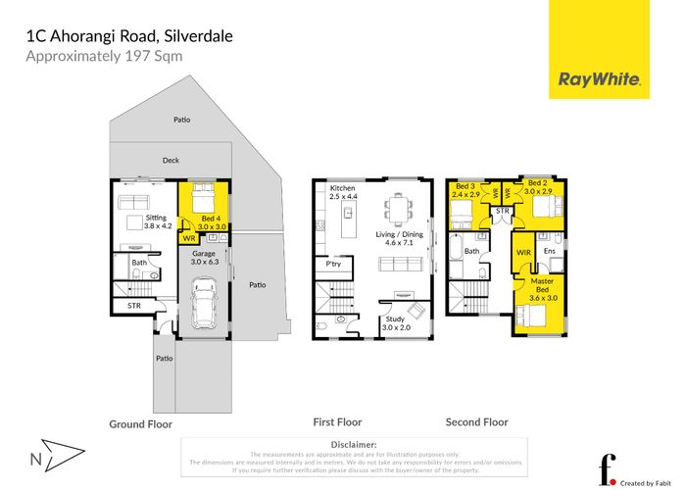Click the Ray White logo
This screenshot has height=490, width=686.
click(599, 79)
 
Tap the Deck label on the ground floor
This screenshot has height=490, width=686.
click(171, 160)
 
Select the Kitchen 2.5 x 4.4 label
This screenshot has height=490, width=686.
click(343, 192)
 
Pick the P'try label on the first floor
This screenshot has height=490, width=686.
click(332, 265)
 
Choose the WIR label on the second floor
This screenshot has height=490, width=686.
click(523, 252)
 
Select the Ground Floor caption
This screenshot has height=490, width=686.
click(140, 424)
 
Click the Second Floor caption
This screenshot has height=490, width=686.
click(477, 422)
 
